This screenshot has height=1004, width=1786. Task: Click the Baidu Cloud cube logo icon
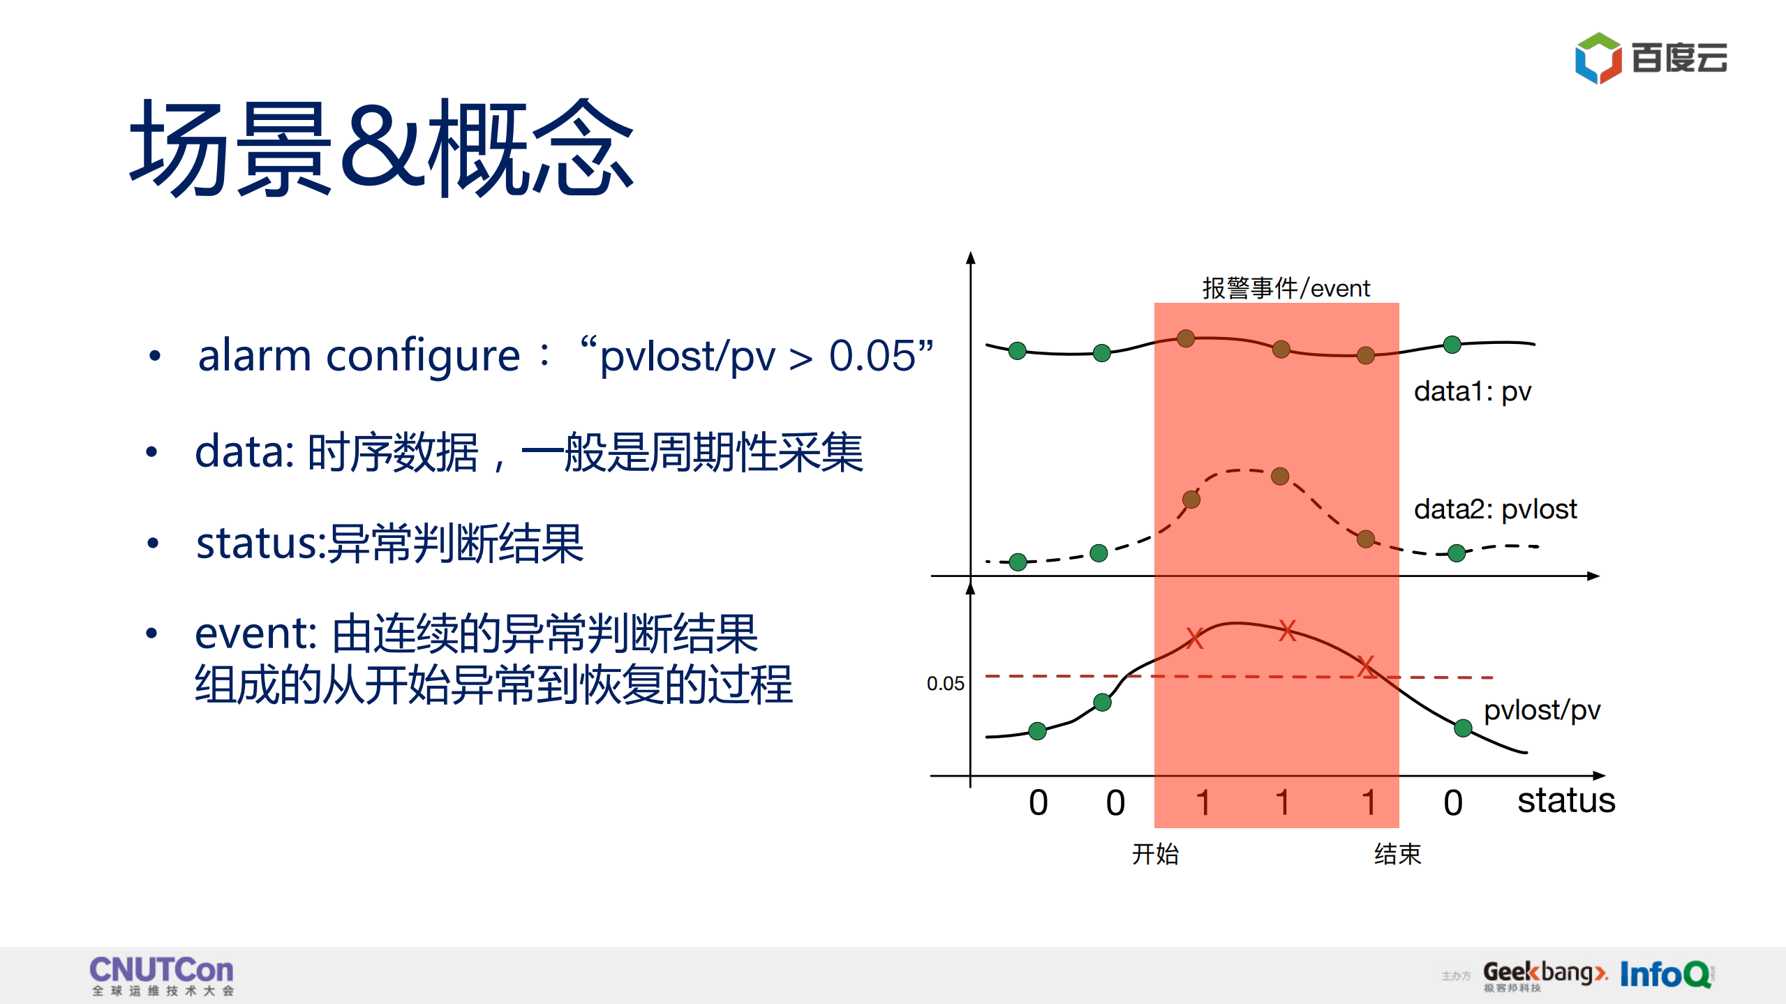coord(1598,58)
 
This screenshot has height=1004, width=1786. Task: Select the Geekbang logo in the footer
coord(1544,973)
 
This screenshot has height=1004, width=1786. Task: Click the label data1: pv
coord(1472,391)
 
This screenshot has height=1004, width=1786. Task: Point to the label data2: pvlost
coord(1494,509)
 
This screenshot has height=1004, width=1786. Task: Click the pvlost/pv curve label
coord(1541,710)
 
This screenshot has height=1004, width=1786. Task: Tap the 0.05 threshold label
coord(945,684)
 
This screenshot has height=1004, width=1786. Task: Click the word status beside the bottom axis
coord(1565,800)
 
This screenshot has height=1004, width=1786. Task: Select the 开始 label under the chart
coord(1155,854)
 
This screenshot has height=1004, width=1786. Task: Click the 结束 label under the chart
coord(1397,854)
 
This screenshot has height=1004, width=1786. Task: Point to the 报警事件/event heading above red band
coord(1286,288)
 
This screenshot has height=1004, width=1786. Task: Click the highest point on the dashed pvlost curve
coord(1279,477)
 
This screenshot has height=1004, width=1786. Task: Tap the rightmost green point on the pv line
coord(1452,345)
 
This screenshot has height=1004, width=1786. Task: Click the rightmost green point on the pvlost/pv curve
coord(1463,728)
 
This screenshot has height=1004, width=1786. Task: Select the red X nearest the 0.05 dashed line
coord(1366,666)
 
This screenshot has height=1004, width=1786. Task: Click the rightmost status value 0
coord(1452,803)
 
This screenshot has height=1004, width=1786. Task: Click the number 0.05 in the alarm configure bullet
coord(872,356)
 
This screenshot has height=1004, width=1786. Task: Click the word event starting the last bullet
coord(255,634)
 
